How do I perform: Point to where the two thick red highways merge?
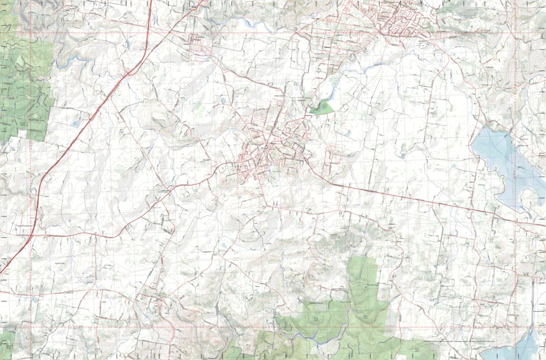[x=134, y=69]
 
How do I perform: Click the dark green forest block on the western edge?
[x=23, y=87]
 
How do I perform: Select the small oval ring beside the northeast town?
[x=423, y=44]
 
